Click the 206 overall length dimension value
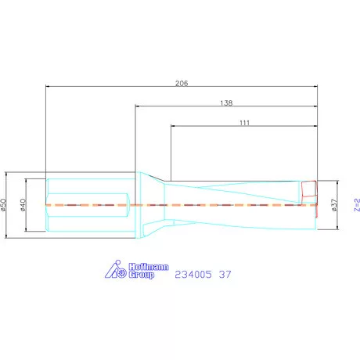click(181, 81)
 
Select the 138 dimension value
click(227, 102)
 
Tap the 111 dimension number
click(244, 122)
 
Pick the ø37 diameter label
click(334, 204)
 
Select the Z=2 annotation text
click(356, 205)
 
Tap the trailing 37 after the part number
click(225, 275)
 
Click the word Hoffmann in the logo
click(148, 268)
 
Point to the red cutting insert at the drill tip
click(310, 189)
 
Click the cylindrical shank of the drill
click(86, 205)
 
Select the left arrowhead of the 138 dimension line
click(139, 106)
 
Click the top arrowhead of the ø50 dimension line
click(8, 174)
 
